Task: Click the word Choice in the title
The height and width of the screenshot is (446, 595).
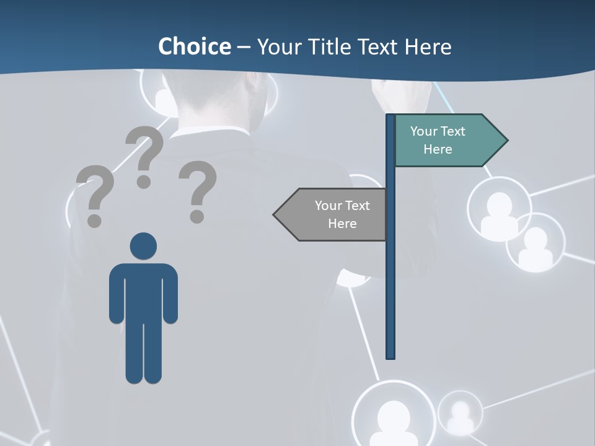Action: click(194, 46)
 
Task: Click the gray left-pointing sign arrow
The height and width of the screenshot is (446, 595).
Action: click(332, 214)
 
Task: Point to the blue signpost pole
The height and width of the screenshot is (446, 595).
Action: click(390, 279)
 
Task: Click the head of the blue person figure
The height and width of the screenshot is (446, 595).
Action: click(143, 246)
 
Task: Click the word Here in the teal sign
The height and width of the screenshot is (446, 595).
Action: click(438, 149)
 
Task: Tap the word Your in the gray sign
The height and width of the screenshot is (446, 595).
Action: click(328, 206)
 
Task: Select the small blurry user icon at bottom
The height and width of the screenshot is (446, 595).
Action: click(460, 413)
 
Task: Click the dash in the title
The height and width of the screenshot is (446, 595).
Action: click(244, 47)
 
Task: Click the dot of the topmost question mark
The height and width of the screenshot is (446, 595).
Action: click(144, 182)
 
